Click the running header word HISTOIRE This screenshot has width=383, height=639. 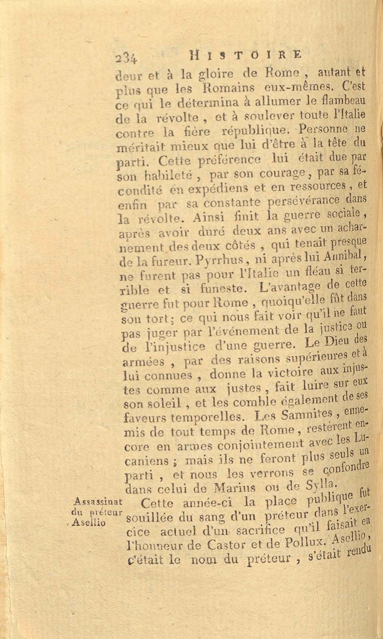coord(245,55)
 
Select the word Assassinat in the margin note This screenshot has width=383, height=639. coord(97,503)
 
